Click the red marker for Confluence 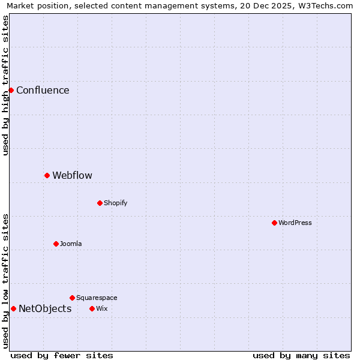coord(11,90)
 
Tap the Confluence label coord(43,91)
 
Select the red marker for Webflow coord(47,175)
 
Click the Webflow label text coord(72,176)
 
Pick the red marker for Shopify coord(100,203)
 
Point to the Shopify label coord(115,203)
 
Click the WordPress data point coord(274,223)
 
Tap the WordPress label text coord(295,223)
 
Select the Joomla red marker coord(56,244)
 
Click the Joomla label coord(71,244)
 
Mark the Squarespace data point coord(72,298)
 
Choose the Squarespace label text coord(97,298)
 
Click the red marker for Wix coord(92,308)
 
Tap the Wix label coord(101,308)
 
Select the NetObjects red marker coord(13,308)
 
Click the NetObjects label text coord(45,309)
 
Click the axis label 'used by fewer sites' coord(62,355)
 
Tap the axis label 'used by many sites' coord(301,355)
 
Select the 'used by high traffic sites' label coord(5,85)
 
